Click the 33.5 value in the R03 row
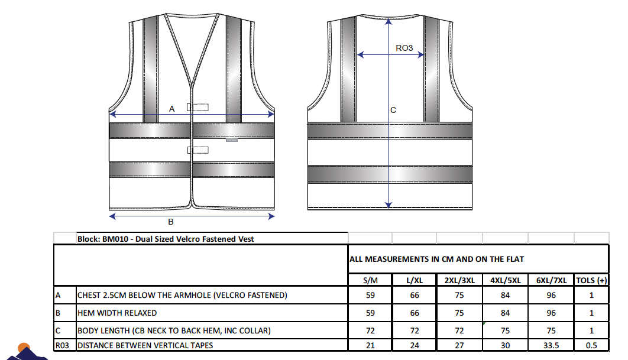[551, 345]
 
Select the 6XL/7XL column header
[552, 280]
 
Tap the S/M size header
[370, 280]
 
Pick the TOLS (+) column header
[591, 280]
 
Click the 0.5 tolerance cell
[591, 345]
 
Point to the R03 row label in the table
[62, 345]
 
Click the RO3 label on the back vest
[404, 48]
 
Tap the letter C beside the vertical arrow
[393, 110]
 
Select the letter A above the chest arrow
[172, 109]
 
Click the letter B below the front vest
[171, 222]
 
